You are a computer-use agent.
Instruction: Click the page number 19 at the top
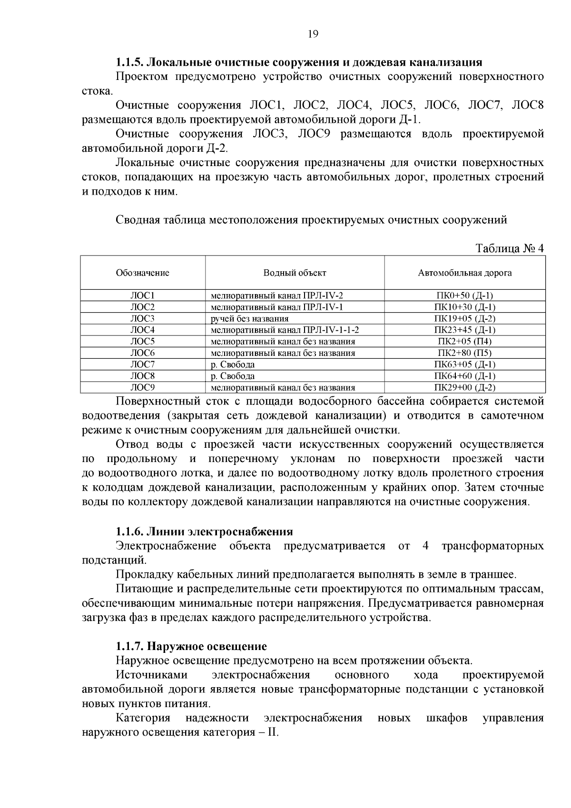[x=313, y=34]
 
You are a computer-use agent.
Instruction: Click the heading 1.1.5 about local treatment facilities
[x=299, y=62]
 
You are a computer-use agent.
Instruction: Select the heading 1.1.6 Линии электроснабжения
[x=204, y=531]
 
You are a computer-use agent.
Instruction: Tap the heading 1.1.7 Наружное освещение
[x=191, y=646]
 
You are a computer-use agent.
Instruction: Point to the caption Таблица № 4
[x=509, y=248]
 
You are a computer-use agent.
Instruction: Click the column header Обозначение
[x=142, y=273]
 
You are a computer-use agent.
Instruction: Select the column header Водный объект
[x=295, y=273]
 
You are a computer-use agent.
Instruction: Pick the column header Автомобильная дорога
[x=464, y=273]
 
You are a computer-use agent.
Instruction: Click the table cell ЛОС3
[x=142, y=318]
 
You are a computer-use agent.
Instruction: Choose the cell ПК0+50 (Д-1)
[x=464, y=296]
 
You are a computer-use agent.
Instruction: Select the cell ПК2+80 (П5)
[x=464, y=353]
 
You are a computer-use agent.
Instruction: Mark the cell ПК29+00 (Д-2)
[x=464, y=387]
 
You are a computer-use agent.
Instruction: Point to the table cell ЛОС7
[x=142, y=364]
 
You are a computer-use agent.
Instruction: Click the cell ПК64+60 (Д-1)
[x=464, y=376]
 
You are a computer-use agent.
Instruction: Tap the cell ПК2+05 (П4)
[x=464, y=341]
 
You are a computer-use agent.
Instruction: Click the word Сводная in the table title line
[x=138, y=220]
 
